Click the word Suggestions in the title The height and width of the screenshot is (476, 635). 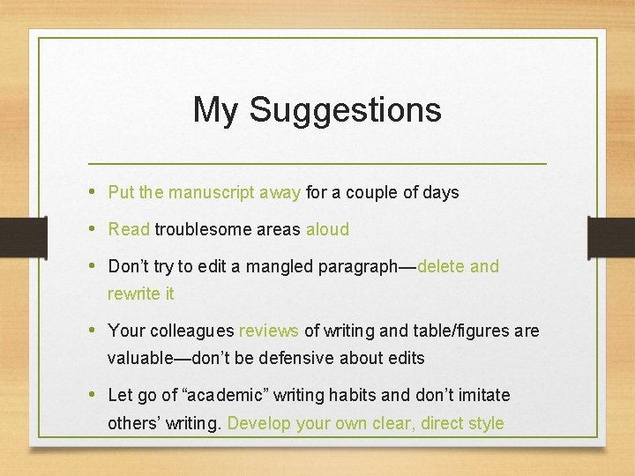(345, 111)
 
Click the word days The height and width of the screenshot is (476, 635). (441, 192)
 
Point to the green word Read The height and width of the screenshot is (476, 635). (129, 229)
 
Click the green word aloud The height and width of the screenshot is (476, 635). (327, 229)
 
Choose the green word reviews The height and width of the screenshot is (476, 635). (269, 331)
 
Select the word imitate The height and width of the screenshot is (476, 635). (482, 395)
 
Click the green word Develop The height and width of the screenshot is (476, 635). (259, 423)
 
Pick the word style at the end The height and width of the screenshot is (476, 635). (484, 423)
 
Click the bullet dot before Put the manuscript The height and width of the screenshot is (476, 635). (93, 192)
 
